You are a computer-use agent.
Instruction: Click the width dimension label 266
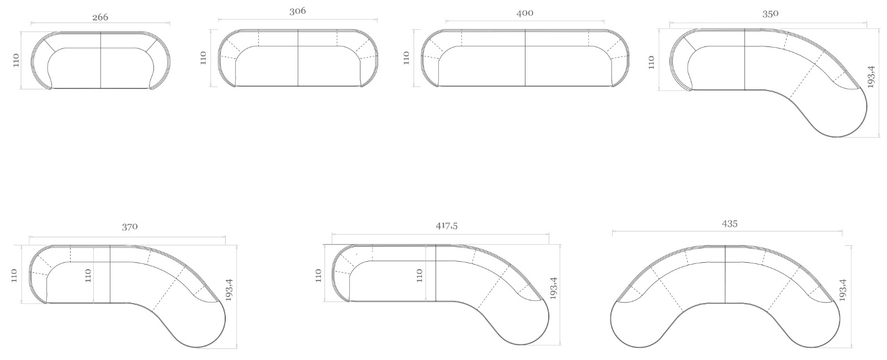(100, 17)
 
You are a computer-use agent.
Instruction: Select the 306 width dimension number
(298, 11)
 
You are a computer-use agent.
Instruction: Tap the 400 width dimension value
(525, 13)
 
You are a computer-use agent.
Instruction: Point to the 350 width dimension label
(770, 14)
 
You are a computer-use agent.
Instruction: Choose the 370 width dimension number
(130, 226)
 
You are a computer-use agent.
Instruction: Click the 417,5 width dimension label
(447, 226)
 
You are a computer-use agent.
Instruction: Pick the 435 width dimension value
(729, 224)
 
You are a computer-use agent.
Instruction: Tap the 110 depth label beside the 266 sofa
(16, 60)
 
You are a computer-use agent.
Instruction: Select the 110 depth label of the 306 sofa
(204, 58)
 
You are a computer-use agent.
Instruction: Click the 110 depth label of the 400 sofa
(407, 58)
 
